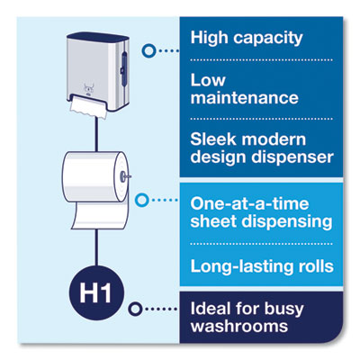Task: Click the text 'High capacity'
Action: tap(245, 40)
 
